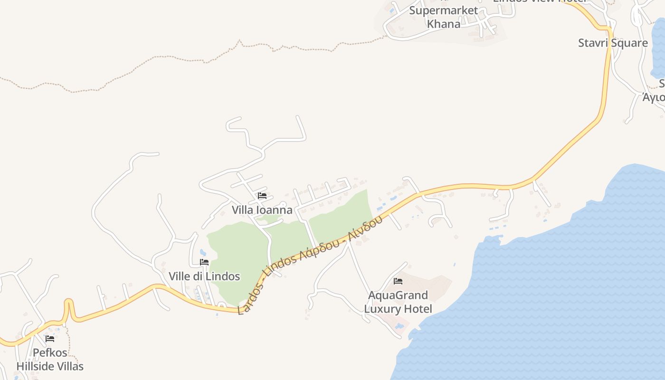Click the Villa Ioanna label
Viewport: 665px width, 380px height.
click(262, 209)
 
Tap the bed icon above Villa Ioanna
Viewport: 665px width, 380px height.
click(262, 196)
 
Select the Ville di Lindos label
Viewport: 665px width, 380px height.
click(204, 276)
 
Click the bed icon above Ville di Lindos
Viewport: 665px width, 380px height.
click(204, 262)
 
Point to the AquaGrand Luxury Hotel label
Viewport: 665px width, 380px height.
click(398, 302)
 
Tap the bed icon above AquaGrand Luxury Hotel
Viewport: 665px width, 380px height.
click(398, 281)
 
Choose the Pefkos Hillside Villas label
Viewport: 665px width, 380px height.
click(50, 360)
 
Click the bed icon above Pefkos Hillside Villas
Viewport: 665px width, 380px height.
click(50, 339)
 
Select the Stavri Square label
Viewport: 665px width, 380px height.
click(613, 43)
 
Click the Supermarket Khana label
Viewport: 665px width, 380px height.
click(444, 17)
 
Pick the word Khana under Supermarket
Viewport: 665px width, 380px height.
click(444, 24)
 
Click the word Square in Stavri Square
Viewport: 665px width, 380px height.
click(629, 43)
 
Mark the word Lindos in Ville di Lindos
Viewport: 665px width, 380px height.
click(224, 276)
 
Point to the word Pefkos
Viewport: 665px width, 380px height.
click(50, 353)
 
